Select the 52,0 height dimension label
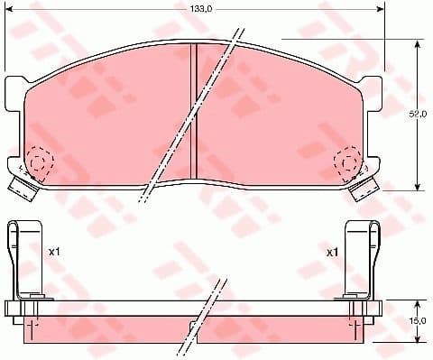click(x=417, y=115)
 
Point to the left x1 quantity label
click(x=53, y=252)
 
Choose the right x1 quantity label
click(x=331, y=252)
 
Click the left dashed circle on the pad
click(x=39, y=162)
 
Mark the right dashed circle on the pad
click(x=348, y=162)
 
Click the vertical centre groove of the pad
click(x=196, y=113)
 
